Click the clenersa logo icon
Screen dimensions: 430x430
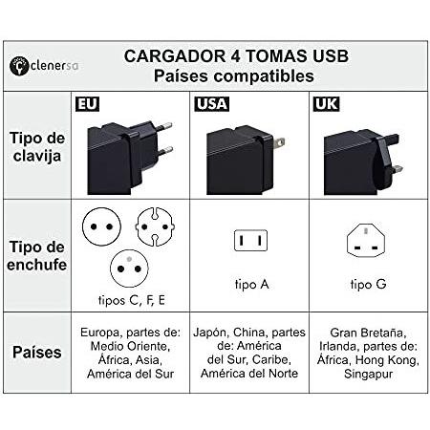(19, 66)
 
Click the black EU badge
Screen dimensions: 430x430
(87, 104)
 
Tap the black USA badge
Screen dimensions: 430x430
(212, 104)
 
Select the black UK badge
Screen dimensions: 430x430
(327, 104)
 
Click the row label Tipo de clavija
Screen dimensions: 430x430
(37, 147)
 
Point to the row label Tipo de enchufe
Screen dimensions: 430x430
(37, 256)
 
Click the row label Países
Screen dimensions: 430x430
(37, 353)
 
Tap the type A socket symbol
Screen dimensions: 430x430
(250, 241)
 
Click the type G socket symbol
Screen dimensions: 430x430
(366, 240)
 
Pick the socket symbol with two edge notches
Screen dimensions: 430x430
(155, 226)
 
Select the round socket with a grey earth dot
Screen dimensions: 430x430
(129, 269)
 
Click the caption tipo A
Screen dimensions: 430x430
(252, 285)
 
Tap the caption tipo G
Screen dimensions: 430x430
(368, 284)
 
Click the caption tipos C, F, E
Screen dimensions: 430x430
(132, 300)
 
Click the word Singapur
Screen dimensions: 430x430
(369, 375)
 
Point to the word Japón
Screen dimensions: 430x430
(211, 333)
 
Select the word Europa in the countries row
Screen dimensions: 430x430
(101, 333)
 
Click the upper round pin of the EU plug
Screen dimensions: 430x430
(164, 126)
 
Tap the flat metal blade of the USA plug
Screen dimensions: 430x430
(279, 142)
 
